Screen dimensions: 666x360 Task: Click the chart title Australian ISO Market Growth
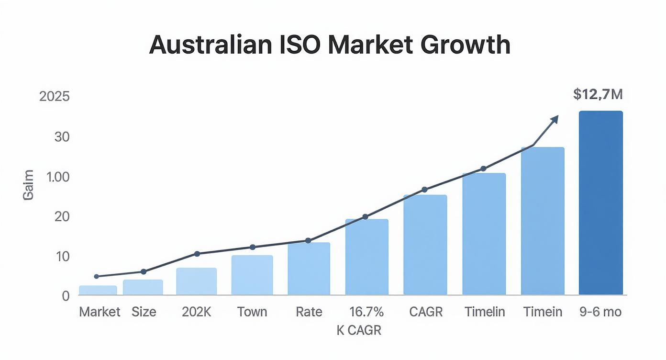pos(330,45)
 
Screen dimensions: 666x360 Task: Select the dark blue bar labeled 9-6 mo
pos(600,203)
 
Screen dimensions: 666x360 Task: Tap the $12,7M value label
pos(598,94)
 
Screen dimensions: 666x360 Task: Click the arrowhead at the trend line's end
pos(555,119)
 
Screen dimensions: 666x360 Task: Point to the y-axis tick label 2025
pos(55,96)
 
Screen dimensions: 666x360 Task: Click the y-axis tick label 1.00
pos(58,177)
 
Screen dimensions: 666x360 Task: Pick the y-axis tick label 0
pos(66,296)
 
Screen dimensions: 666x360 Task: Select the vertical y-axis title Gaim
pos(28,185)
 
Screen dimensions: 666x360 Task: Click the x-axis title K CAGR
pos(359,330)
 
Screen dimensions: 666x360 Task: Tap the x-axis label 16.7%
pos(366,312)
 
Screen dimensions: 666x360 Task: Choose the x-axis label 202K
pos(196,312)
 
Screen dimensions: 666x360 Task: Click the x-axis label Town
pos(252,312)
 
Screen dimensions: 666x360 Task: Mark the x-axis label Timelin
pos(485,312)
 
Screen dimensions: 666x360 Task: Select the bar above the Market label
pos(98,291)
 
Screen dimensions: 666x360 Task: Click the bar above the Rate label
pos(309,269)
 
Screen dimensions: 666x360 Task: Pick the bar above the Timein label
pos(543,221)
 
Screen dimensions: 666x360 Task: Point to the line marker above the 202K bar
pos(197,254)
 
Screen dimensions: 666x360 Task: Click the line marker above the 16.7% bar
pos(366,217)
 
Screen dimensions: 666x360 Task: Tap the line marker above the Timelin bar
pos(483,169)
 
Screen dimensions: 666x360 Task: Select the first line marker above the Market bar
pos(96,276)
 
